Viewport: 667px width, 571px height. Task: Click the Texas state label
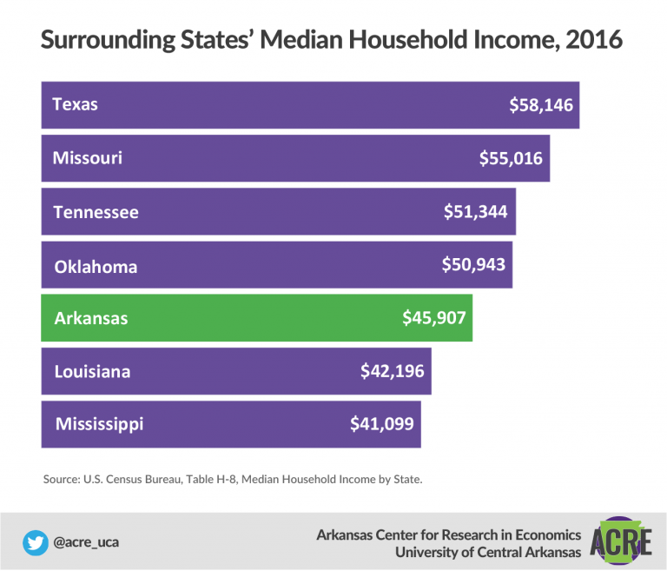coord(75,104)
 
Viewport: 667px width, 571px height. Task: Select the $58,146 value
coord(541,105)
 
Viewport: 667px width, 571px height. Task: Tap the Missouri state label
coord(87,158)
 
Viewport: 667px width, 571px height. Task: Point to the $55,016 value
coord(511,158)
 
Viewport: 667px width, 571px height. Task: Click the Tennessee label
coord(96,212)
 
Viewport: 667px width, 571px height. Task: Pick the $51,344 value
coord(476,211)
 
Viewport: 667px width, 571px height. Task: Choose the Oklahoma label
coord(96,267)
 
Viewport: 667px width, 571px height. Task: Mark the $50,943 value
coord(473,264)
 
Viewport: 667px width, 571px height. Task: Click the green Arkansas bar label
coord(91,318)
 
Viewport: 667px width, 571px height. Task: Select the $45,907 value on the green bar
coord(434,318)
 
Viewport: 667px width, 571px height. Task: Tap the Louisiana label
coord(92,372)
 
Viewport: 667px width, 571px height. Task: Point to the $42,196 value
coord(393,371)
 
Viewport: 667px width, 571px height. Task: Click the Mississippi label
coord(100,424)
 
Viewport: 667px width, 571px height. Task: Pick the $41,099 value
coord(382,424)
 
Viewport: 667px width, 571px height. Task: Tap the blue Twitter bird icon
coord(36,543)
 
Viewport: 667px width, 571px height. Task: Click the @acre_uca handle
coord(86,542)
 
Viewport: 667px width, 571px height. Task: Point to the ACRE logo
coord(621,541)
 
